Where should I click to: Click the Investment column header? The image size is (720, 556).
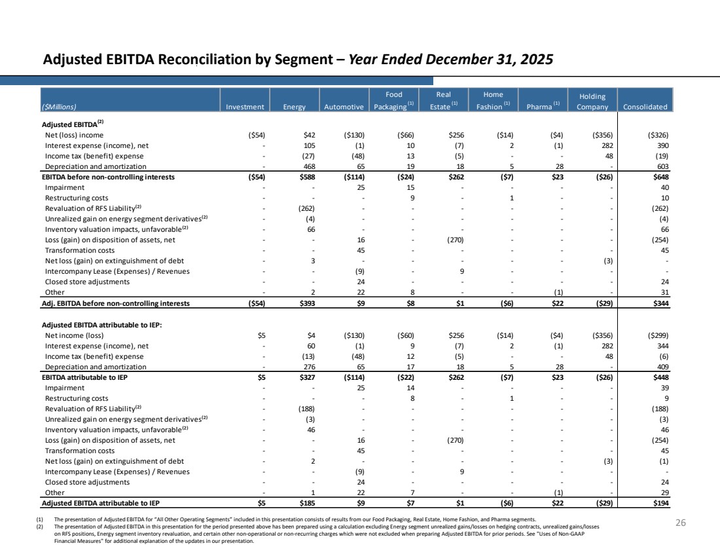point(245,107)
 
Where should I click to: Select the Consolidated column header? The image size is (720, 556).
point(645,107)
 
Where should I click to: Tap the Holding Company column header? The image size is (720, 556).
point(592,102)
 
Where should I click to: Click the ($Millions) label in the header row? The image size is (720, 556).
point(59,107)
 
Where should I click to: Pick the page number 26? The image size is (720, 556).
point(681,523)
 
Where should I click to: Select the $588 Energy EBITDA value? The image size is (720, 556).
point(307,177)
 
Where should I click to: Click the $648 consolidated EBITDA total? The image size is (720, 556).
point(661,177)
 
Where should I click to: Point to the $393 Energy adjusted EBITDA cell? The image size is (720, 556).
point(307,303)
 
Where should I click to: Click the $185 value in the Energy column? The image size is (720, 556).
point(307,503)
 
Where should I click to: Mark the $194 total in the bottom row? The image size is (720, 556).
point(661,503)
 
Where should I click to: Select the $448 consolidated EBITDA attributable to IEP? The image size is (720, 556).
point(661,377)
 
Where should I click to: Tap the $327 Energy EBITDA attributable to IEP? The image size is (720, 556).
point(307,377)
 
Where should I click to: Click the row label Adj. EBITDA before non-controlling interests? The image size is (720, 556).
point(116,303)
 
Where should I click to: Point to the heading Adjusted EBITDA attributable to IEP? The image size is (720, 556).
point(102,325)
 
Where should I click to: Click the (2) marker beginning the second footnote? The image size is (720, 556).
point(39,527)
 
